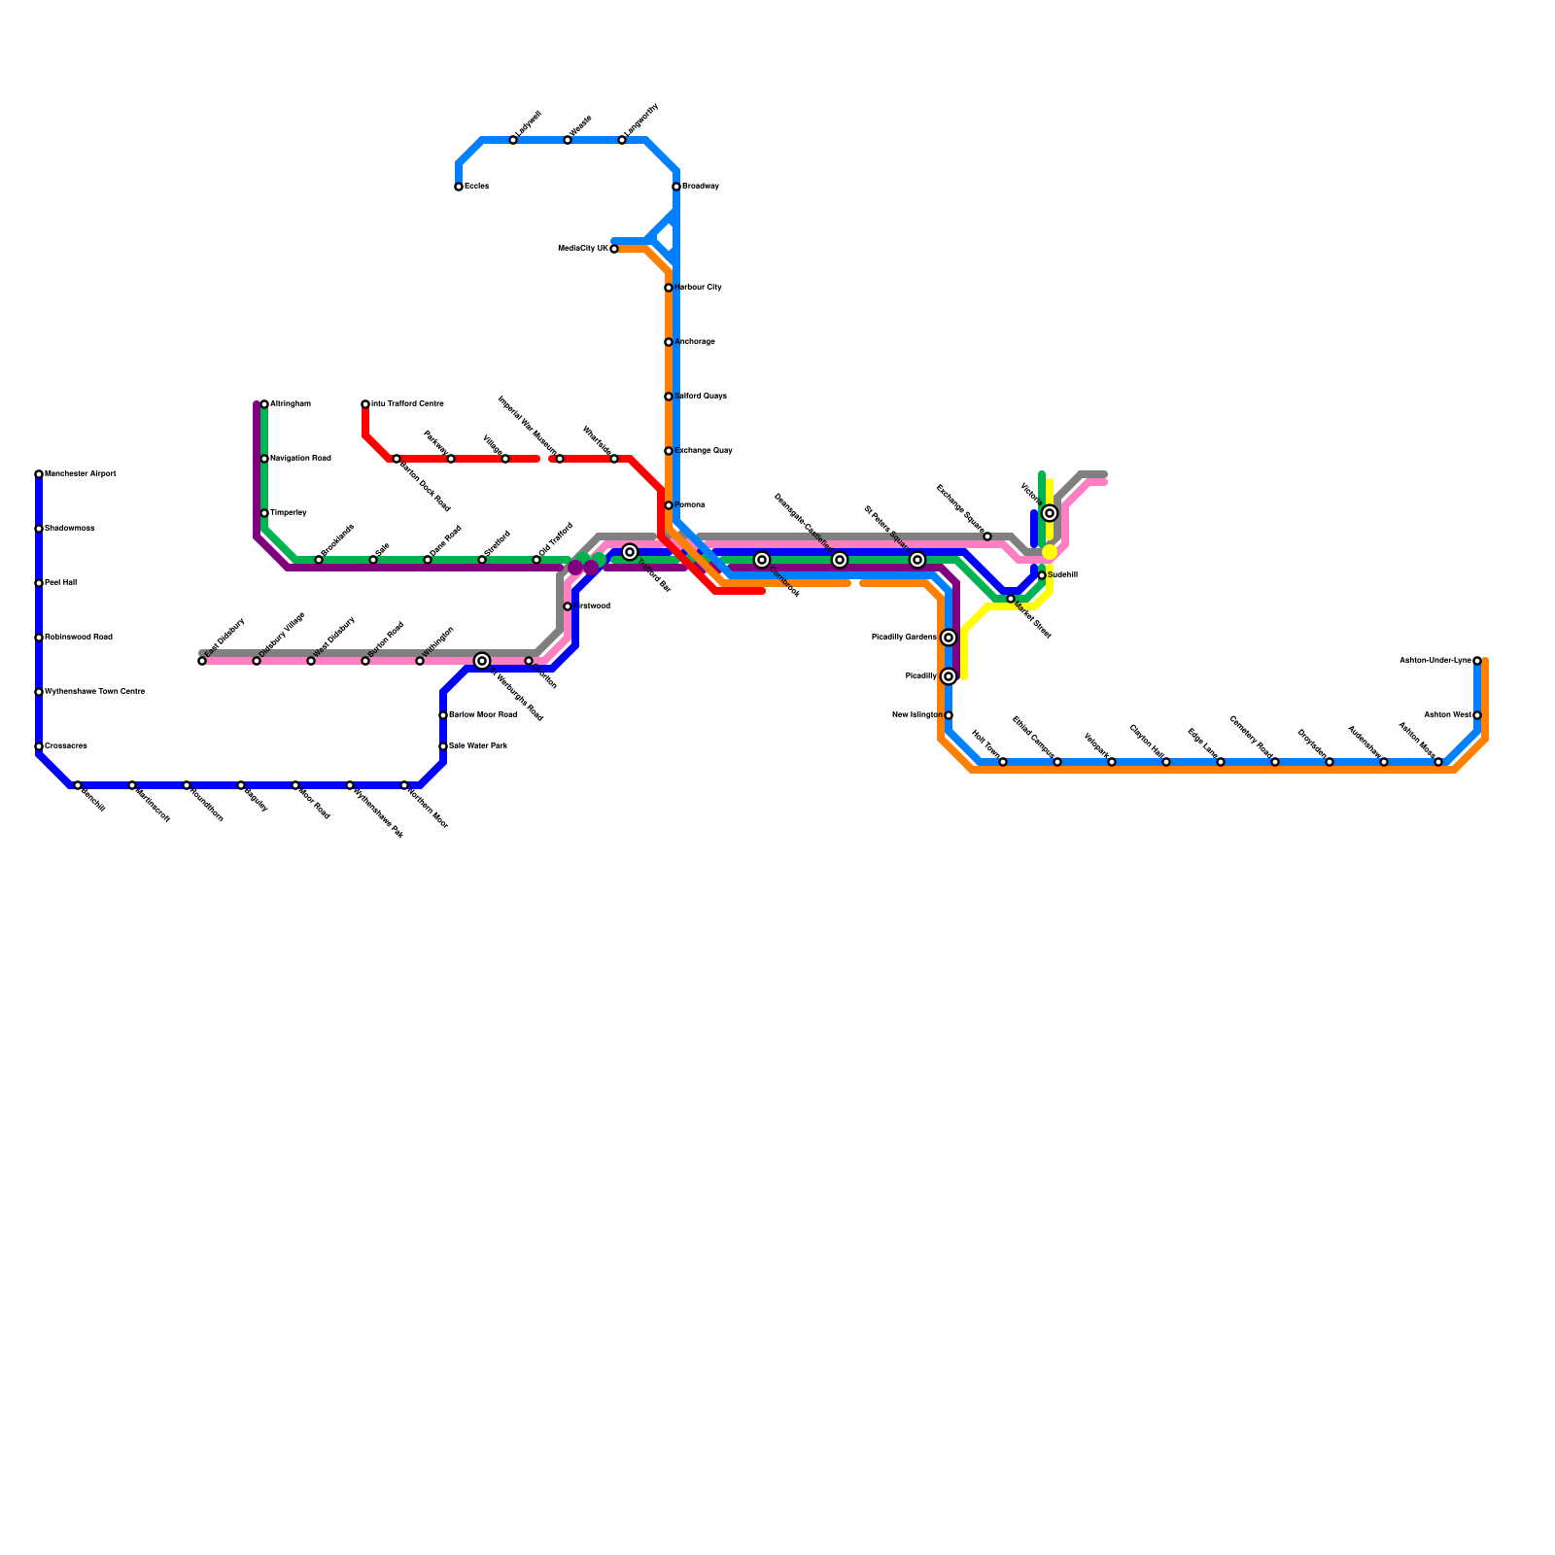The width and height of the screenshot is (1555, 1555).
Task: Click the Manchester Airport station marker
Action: [x=39, y=474]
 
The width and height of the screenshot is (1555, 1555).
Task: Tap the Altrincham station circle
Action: [x=264, y=404]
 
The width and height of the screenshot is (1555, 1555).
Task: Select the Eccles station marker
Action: [x=459, y=187]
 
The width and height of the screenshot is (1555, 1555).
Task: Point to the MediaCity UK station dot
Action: [x=614, y=249]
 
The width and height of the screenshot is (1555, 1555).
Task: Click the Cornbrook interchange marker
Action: [x=762, y=560]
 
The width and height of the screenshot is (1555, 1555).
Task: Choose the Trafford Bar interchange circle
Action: [x=630, y=552]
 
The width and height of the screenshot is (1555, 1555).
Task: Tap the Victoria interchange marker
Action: [x=1050, y=513]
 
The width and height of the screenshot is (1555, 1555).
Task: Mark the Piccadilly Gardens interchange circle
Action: [x=949, y=638]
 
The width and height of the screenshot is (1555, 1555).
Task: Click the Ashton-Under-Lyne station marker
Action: [x=1477, y=661]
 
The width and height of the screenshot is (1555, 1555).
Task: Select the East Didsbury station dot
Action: [x=202, y=661]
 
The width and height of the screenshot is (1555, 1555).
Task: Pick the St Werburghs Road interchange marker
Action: [x=482, y=661]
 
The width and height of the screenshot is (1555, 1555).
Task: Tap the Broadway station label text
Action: [x=700, y=187]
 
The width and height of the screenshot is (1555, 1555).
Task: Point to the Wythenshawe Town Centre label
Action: [x=94, y=692]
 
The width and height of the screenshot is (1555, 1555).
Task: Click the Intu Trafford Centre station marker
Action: [x=365, y=404]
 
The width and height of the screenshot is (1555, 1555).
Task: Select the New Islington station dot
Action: [x=949, y=715]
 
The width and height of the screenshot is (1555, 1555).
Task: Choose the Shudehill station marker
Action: [x=1042, y=575]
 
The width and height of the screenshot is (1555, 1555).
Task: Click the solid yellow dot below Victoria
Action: [x=1050, y=552]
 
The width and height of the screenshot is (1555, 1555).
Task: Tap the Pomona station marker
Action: [x=669, y=505]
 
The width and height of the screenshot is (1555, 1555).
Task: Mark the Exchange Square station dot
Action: [x=987, y=536]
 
